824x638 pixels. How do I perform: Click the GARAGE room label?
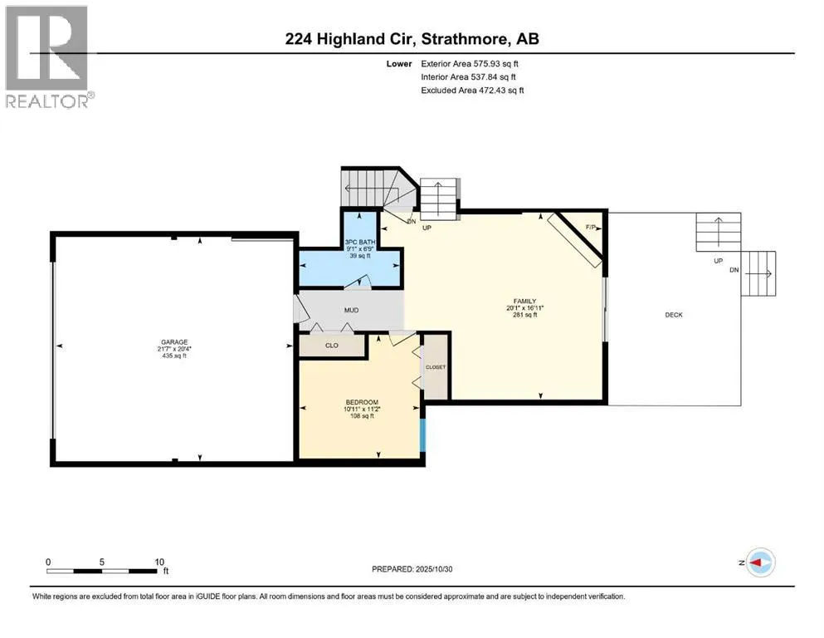[175, 341]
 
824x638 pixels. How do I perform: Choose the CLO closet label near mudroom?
[331, 345]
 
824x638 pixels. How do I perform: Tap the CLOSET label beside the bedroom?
[435, 366]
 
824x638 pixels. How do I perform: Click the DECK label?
[673, 315]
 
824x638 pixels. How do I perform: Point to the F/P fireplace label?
[591, 227]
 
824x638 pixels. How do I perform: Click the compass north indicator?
[760, 562]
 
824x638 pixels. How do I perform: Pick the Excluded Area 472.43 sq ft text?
[472, 90]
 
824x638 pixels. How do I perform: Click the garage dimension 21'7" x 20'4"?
[175, 349]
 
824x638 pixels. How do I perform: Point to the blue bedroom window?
[422, 434]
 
